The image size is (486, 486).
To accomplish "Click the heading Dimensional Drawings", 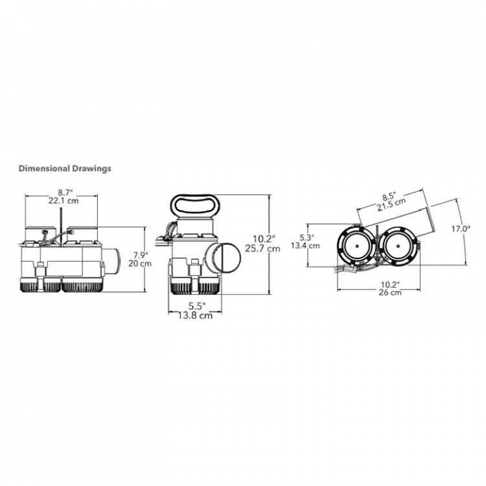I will (64, 168).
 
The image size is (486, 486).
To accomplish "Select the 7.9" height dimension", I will (140, 254).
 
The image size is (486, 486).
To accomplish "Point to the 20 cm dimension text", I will (141, 263).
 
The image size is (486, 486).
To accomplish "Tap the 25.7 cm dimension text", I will (262, 248).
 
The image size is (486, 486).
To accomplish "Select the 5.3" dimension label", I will (306, 237).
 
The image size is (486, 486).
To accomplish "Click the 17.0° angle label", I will (461, 229).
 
